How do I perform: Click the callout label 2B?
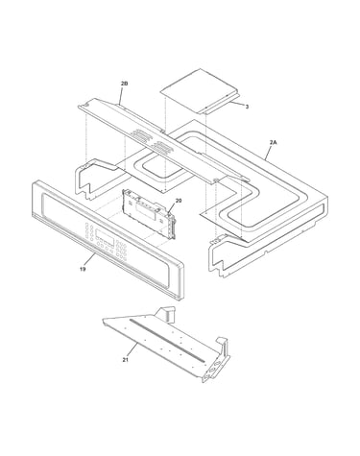124,84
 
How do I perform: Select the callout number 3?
247,107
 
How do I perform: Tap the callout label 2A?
273,142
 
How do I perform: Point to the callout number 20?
179,201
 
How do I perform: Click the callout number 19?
83,269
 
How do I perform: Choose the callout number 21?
125,360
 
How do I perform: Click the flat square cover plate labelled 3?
199,91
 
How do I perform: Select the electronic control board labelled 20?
149,213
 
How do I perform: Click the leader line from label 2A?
269,152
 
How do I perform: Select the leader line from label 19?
88,259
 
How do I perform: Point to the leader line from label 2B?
121,95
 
